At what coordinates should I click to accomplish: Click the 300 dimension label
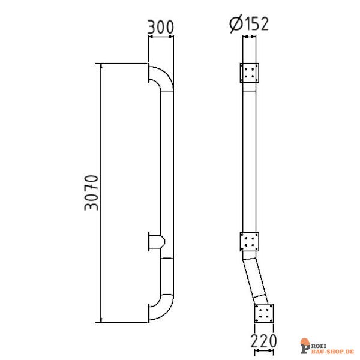coord(161,27)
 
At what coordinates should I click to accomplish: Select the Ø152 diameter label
coord(248,24)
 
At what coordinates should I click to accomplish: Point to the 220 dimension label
coord(263,341)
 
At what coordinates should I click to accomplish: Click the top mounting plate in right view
coord(250,74)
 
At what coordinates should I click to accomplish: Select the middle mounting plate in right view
coord(250,242)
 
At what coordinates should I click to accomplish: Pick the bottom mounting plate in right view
coord(264,313)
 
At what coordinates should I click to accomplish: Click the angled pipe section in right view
coord(256,277)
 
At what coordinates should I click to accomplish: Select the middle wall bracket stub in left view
coord(155,242)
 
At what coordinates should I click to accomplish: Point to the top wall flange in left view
coord(148,74)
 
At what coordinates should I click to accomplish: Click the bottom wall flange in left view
coord(148,313)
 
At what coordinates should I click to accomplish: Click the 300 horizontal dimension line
coord(161,37)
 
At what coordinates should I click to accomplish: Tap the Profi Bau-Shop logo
coord(328,346)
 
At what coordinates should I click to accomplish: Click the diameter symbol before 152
coord(235,24)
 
